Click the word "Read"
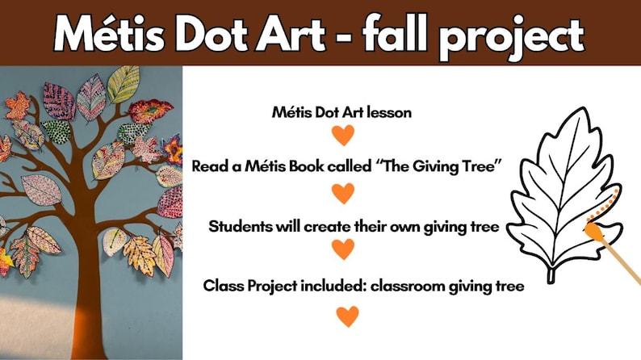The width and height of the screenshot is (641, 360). click(x=210, y=166)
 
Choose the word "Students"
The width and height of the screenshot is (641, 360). click(x=239, y=226)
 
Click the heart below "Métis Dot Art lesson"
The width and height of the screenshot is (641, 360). click(x=344, y=136)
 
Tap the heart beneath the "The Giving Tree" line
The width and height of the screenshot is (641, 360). click(x=344, y=194)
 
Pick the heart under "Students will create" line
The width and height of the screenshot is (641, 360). click(x=344, y=250)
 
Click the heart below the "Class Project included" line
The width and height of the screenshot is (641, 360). click(x=347, y=316)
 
